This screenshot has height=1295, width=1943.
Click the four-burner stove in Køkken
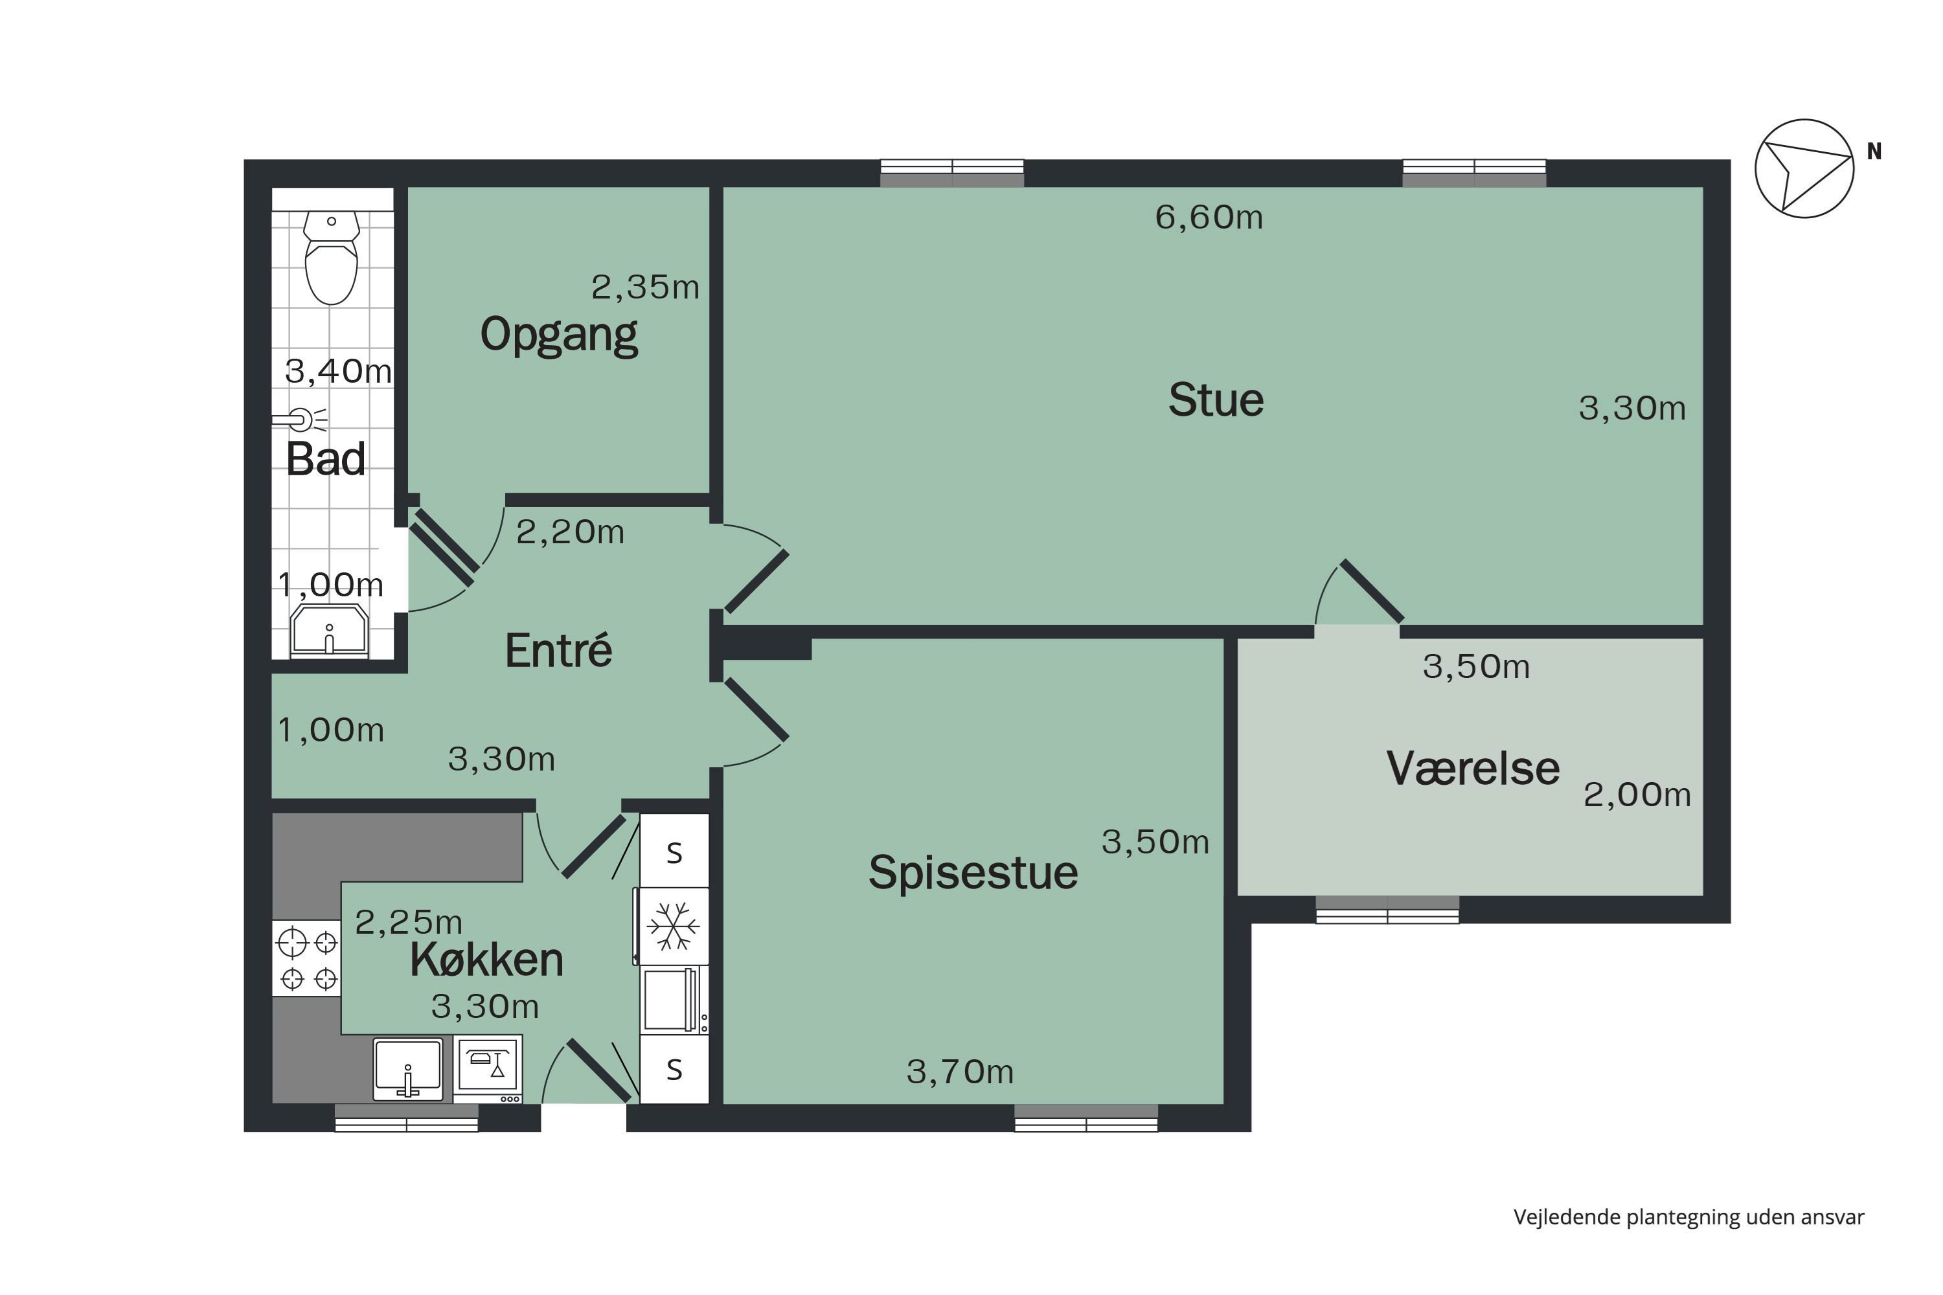click(307, 960)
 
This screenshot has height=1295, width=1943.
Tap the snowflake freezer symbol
click(674, 926)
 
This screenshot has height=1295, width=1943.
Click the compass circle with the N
click(1804, 168)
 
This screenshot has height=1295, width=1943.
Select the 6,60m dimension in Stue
click(1209, 217)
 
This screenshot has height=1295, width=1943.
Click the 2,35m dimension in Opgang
click(645, 287)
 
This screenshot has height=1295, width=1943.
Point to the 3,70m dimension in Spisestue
click(960, 1072)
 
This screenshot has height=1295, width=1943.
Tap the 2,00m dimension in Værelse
click(1637, 794)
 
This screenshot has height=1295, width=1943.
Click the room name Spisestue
click(973, 873)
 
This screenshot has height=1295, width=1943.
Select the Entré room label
click(558, 651)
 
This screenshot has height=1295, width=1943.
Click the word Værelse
click(1473, 769)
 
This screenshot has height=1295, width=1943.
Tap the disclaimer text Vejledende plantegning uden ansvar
click(1688, 1217)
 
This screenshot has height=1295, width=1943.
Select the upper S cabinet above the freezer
click(674, 852)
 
